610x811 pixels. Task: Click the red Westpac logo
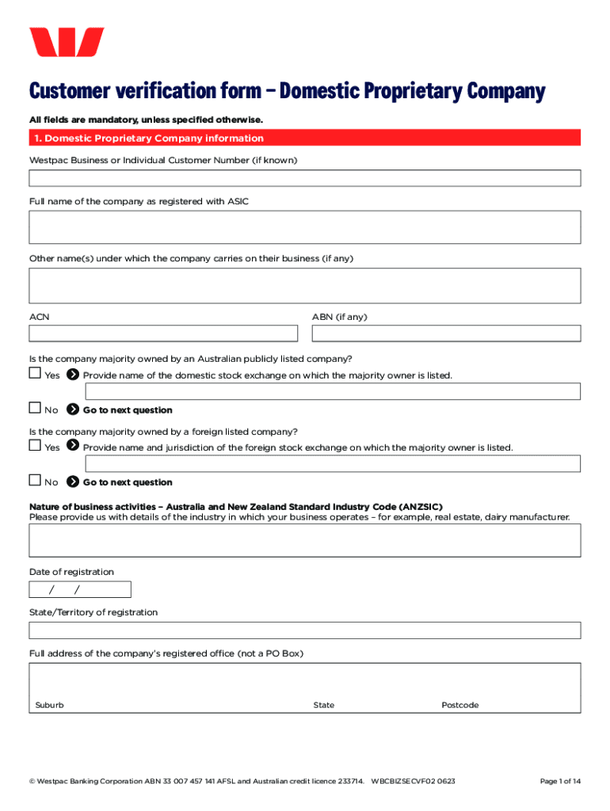point(67,42)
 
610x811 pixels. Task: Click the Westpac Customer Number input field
point(305,177)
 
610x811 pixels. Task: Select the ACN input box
point(163,333)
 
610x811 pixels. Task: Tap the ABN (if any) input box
point(446,333)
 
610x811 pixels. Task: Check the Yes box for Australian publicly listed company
point(35,373)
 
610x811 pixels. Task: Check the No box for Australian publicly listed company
point(35,408)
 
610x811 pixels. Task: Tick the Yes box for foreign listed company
point(35,445)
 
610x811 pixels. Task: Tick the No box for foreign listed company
point(35,480)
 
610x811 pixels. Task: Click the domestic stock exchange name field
point(333,391)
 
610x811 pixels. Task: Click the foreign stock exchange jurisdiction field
point(333,463)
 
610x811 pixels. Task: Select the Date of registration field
point(80,589)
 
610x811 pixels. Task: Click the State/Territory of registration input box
point(305,630)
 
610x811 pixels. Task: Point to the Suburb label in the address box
point(50,705)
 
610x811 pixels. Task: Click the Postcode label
point(459,705)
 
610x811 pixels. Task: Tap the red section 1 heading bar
point(305,138)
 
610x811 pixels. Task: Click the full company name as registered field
point(305,227)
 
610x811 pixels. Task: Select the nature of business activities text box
point(305,540)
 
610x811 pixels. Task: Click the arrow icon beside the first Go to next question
point(73,409)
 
